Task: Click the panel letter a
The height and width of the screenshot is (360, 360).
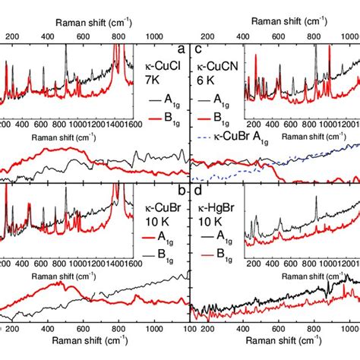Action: coord(181,50)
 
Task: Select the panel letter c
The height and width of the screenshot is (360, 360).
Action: coord(196,50)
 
